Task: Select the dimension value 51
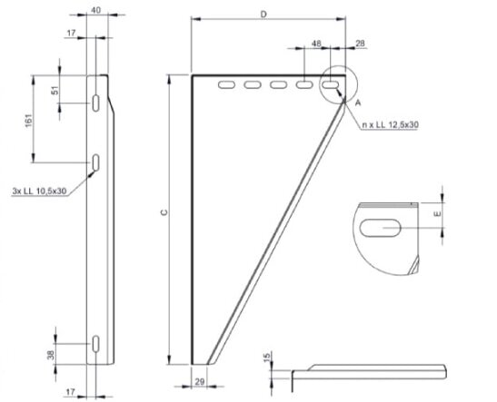coord(55,91)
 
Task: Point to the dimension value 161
coord(30,123)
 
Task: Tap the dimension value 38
coord(52,354)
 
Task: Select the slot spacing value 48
coord(316,43)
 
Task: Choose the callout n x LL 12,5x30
coord(389,123)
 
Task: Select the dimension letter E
coord(437,216)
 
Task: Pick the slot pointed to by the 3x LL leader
coord(95,163)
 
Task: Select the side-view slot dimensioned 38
coord(95,345)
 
